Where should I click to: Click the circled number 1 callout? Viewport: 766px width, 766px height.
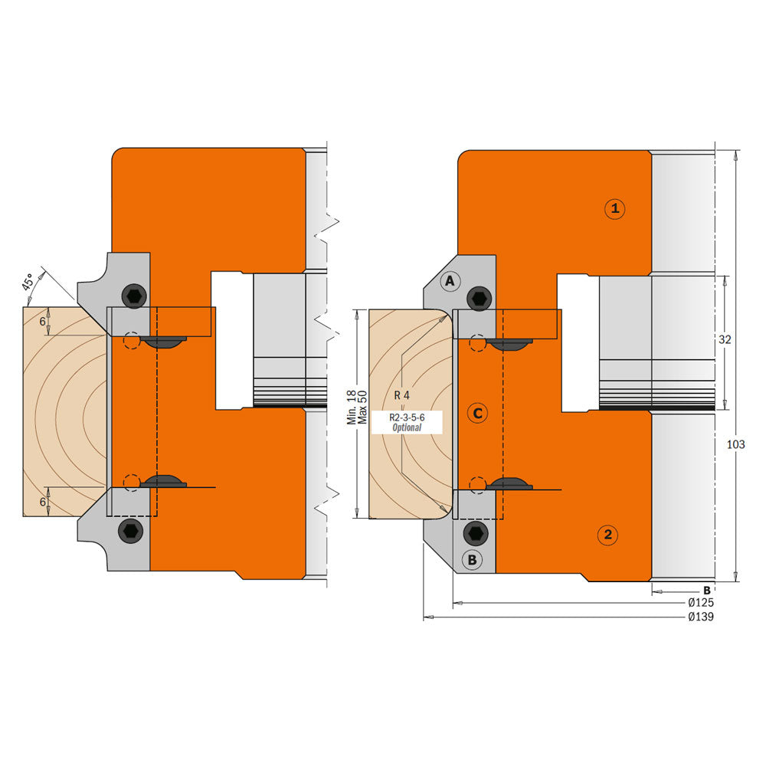click(614, 208)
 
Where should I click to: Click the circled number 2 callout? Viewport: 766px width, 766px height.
click(607, 535)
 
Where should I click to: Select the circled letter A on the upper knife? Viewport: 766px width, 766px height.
click(450, 282)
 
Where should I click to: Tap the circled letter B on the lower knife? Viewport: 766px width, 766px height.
click(472, 560)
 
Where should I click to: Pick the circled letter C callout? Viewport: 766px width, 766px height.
click(477, 414)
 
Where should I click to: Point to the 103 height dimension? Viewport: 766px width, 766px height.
click(735, 444)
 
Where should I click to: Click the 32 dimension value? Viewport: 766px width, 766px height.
click(724, 339)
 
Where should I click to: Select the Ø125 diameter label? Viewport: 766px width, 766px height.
click(701, 603)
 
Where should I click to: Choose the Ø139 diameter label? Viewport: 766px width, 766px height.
click(701, 617)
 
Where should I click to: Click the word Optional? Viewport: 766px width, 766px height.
click(407, 427)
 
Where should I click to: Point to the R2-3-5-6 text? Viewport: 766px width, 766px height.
click(406, 417)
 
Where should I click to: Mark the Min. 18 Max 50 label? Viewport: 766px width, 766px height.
click(357, 408)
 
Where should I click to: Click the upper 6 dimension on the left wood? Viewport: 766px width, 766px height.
click(43, 322)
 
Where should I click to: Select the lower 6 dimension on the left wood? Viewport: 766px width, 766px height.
click(43, 501)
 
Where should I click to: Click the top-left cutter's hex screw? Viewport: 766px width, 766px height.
click(134, 296)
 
